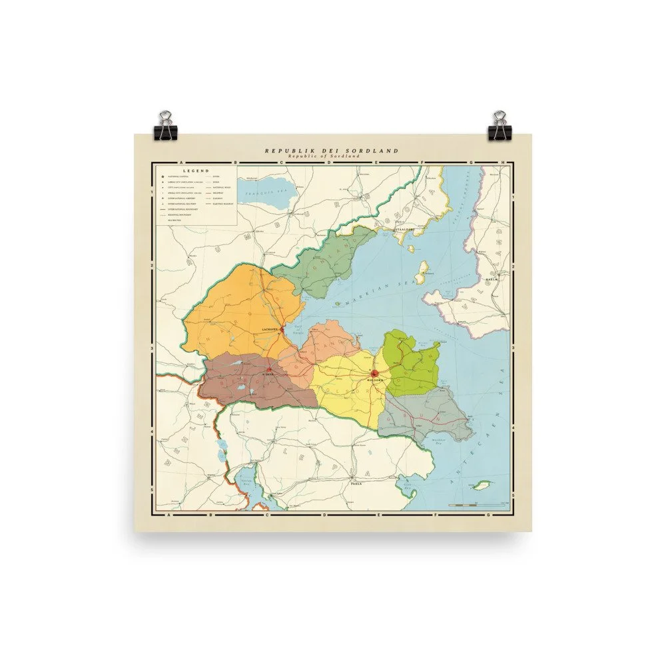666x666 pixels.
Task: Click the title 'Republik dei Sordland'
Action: pyautogui.click(x=332, y=151)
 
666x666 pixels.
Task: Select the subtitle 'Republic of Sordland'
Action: pyautogui.click(x=332, y=157)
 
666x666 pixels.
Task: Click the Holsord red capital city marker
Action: pyautogui.click(x=375, y=374)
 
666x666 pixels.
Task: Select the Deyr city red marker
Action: pyautogui.click(x=268, y=370)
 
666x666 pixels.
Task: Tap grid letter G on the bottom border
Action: pyautogui.click(x=489, y=515)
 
